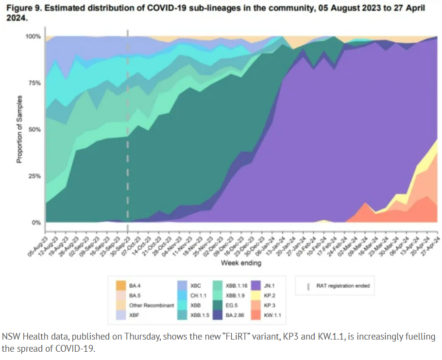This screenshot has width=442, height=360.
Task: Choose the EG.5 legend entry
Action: [x=230, y=305]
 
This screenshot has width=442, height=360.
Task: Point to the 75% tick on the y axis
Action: [x=36, y=83]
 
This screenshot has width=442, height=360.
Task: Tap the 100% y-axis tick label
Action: [x=34, y=36]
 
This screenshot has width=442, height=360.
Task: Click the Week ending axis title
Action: [x=241, y=263]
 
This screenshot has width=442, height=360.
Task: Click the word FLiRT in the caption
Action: [x=252, y=337]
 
